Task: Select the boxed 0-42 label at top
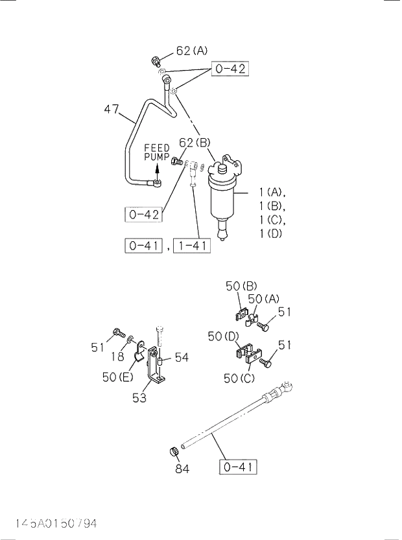click(x=230, y=68)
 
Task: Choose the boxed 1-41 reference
click(x=191, y=245)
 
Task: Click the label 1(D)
click(x=270, y=234)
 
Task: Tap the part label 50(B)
click(x=242, y=286)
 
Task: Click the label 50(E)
click(x=117, y=377)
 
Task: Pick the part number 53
click(x=139, y=397)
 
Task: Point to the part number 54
click(x=182, y=357)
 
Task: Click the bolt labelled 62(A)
click(x=156, y=62)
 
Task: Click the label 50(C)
click(x=240, y=378)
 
